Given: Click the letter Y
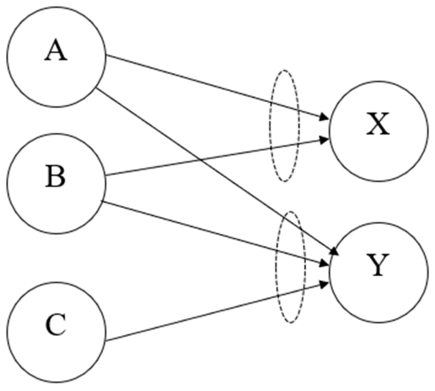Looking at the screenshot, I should coord(378,265).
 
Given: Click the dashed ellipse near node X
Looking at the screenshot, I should coord(271,126).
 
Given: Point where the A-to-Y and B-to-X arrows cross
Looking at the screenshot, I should coord(200,159).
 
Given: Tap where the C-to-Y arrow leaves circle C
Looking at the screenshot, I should coord(106,340).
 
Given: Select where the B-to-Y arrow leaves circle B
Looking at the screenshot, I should coord(102,202).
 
